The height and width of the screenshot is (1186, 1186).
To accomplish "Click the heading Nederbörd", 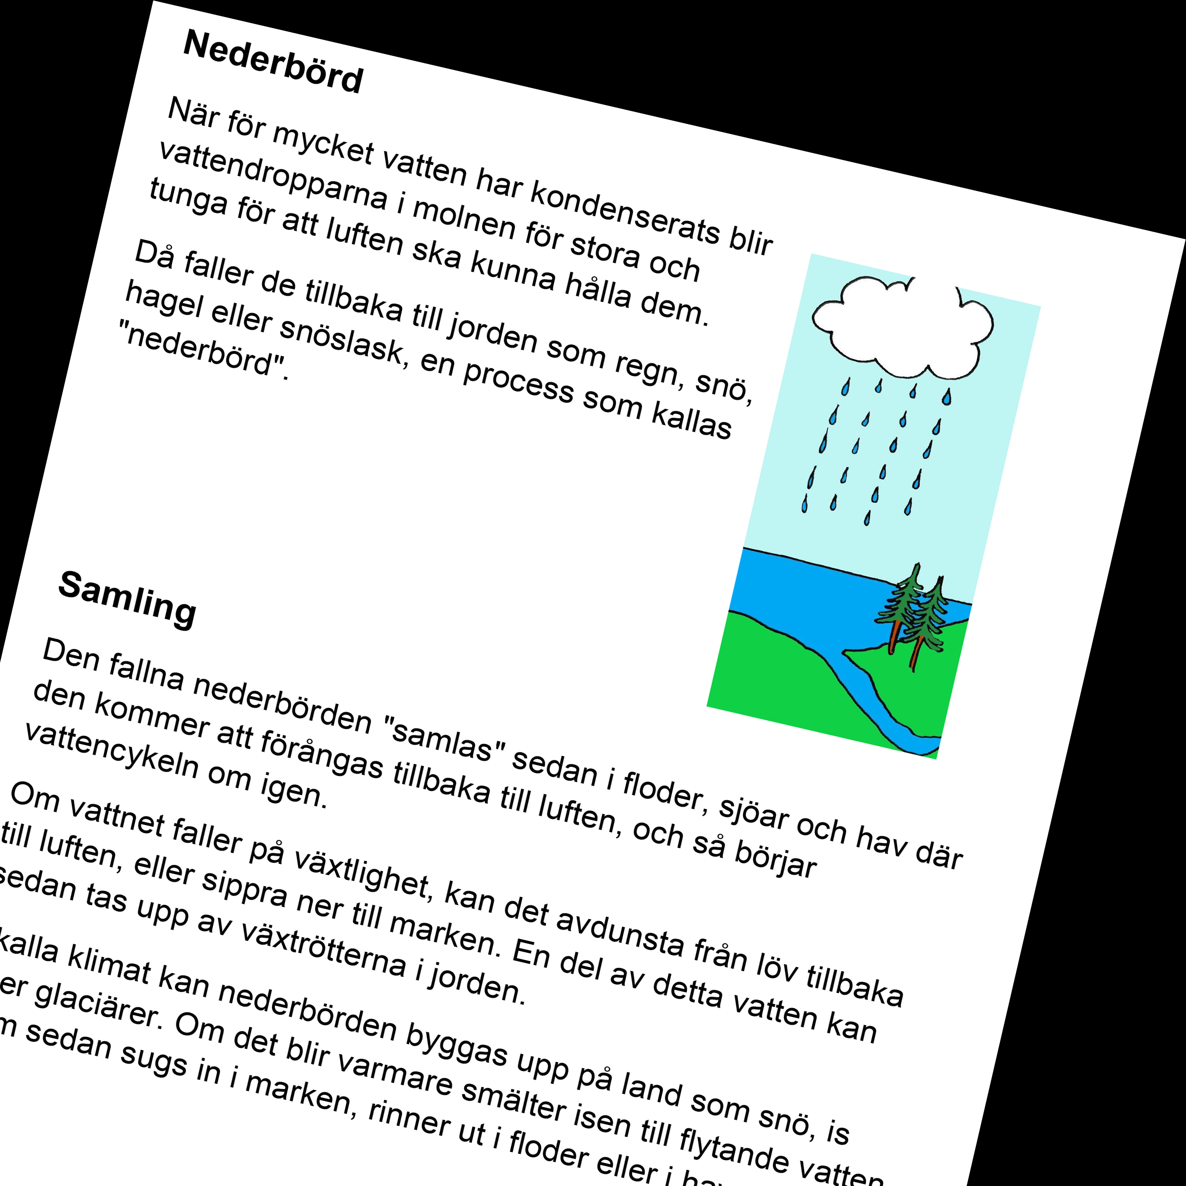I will [x=273, y=62].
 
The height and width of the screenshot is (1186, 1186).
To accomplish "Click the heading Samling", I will [x=128, y=598].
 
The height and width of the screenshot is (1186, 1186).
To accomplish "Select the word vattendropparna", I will [x=273, y=175].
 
